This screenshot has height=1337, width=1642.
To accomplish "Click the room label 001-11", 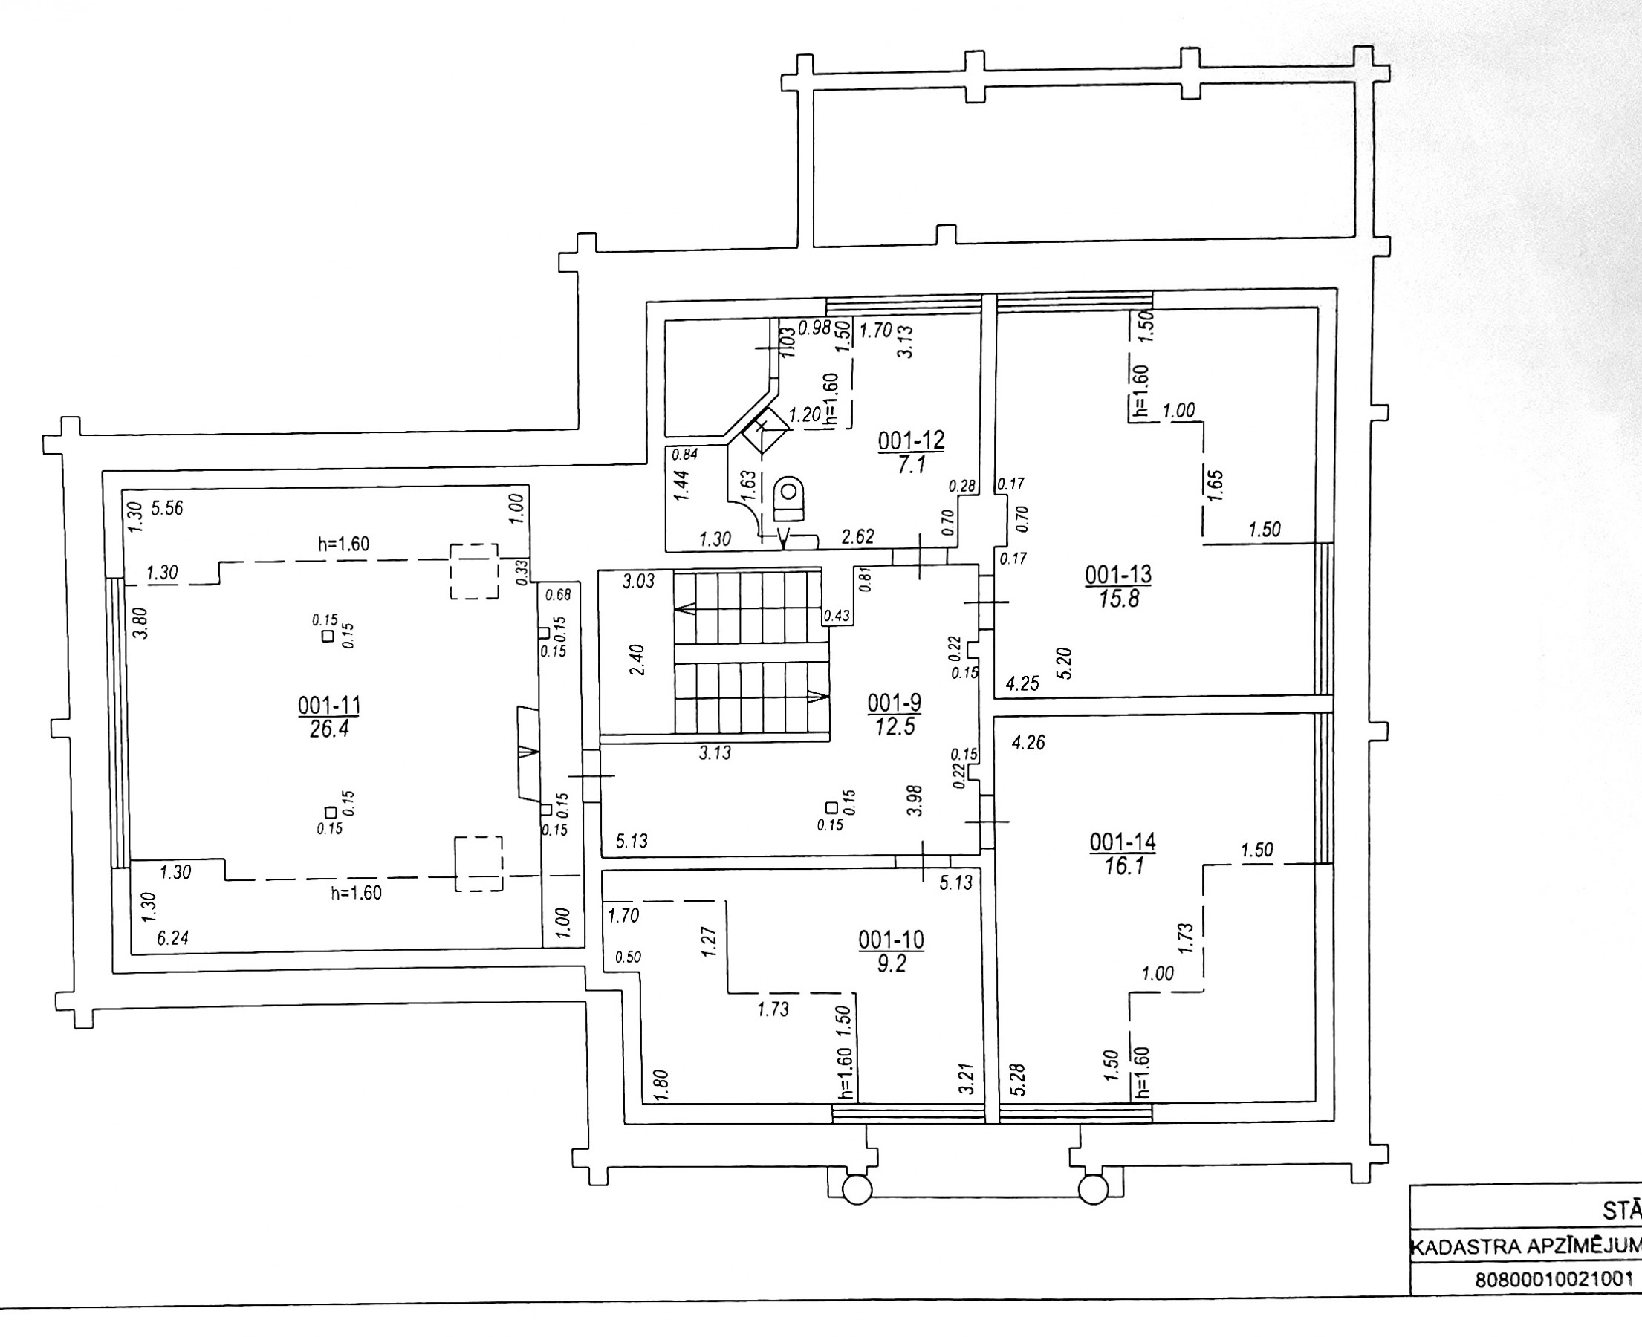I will coord(329,706).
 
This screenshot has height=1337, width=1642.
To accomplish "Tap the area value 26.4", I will coord(329,729).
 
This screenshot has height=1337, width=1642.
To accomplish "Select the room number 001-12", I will coord(911,440).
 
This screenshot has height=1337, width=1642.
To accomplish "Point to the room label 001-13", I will coord(1118,575).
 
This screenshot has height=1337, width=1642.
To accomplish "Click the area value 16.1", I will coord(1123,866).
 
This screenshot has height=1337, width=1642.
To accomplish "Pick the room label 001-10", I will coord(891,940).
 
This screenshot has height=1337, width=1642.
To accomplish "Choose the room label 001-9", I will coord(894,703).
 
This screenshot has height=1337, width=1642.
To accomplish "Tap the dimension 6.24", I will coord(172,938).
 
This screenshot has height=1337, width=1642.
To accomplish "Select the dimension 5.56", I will coord(167,508).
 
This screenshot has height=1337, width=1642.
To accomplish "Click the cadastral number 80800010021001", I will coord(1554,1301).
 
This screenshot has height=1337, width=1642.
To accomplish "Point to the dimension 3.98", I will coord(914,801).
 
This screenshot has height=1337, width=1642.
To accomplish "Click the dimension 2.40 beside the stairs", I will coord(637,660).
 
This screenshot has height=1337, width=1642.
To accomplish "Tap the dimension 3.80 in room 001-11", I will coord(140,623).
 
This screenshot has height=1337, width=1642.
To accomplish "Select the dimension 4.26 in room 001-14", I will coord(1028,743).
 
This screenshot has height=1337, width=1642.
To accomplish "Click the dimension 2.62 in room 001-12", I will coord(857,536).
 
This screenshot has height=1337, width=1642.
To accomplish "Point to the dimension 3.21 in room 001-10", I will coord(967,1079).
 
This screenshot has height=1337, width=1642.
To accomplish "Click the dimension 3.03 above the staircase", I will coord(638,581).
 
